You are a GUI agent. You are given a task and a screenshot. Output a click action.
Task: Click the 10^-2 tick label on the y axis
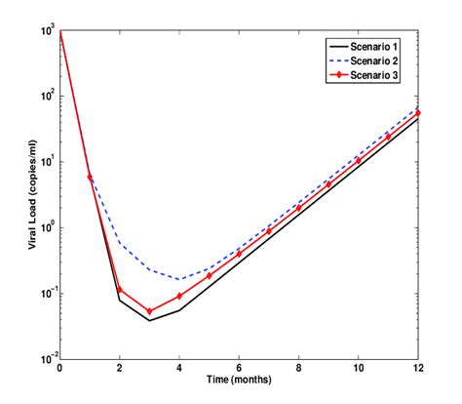(45, 359)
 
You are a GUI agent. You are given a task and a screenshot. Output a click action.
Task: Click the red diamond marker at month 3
(150, 311)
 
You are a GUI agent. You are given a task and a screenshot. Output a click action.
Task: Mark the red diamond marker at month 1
(91, 178)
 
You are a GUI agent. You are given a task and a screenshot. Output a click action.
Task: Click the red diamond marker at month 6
(240, 254)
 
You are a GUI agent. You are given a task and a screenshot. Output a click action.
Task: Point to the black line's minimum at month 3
(150, 320)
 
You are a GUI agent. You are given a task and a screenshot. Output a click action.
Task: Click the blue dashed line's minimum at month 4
(180, 279)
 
